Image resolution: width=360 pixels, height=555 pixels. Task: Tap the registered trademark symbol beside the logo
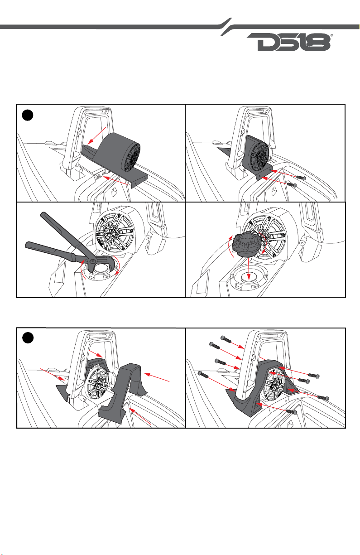[332, 35]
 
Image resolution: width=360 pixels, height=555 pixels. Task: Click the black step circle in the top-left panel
[28, 115]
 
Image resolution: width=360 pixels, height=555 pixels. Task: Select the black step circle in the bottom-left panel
[28, 338]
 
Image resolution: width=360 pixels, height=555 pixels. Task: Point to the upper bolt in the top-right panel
[300, 178]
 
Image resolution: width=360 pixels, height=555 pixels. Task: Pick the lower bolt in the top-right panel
[292, 185]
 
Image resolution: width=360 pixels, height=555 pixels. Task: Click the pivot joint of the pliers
[92, 261]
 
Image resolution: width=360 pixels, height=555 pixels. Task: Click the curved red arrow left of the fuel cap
[230, 246]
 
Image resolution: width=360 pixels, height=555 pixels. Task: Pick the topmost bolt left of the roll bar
[226, 339]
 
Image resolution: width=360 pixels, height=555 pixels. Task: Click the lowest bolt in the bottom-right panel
[291, 412]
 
